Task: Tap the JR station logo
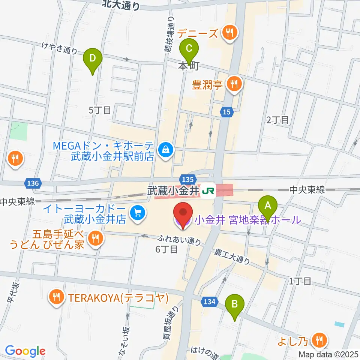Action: point(207,191)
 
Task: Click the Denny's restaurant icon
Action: point(229,33)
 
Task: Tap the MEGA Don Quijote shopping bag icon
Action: point(165,150)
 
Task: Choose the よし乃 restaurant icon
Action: point(319,340)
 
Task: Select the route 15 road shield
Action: point(226,111)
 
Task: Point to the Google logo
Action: point(25,351)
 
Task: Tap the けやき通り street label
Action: point(60,48)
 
